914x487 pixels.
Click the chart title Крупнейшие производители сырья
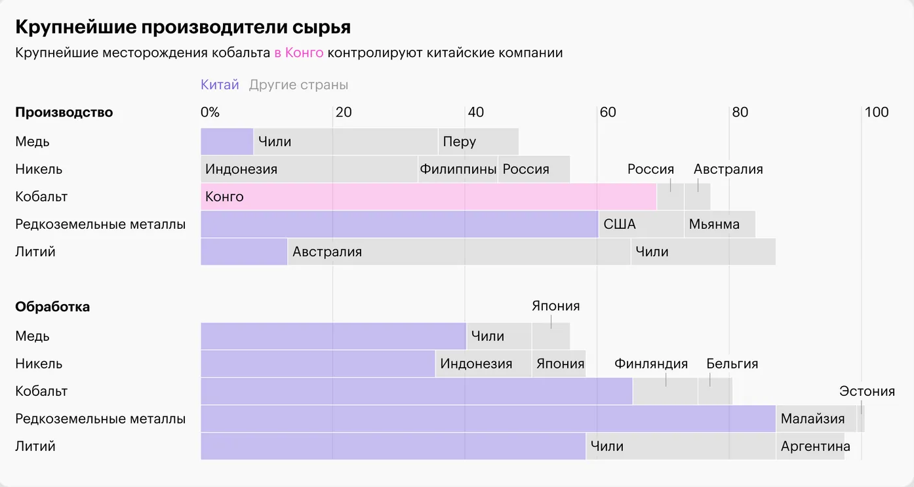(183, 27)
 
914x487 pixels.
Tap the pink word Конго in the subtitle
(304, 52)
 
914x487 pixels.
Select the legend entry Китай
(220, 85)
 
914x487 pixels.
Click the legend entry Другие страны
(298, 85)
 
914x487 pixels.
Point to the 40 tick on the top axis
(475, 112)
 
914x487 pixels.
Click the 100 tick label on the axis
(876, 112)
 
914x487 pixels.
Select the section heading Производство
(64, 112)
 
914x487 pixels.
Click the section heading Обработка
(52, 307)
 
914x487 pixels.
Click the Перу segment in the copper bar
(478, 142)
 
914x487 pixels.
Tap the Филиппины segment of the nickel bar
(458, 169)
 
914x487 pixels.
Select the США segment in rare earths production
(641, 224)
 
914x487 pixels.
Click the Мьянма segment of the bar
(719, 224)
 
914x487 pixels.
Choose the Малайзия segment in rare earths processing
(816, 418)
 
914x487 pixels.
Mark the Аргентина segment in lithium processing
(810, 446)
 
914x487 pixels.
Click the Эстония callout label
(867, 391)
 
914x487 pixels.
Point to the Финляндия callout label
(651, 364)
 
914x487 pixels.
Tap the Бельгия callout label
(732, 364)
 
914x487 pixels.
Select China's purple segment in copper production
(227, 142)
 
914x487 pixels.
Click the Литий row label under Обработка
(35, 446)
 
